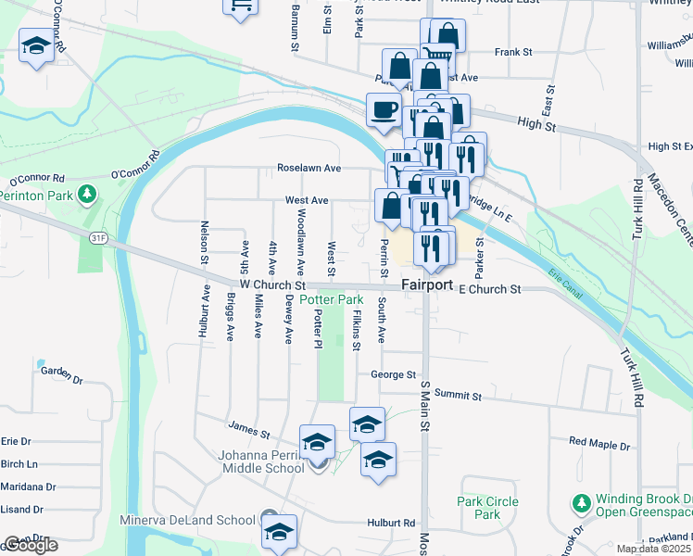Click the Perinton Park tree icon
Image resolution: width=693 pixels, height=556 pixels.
click(87, 195)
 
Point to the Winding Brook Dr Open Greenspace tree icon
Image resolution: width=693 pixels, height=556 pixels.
click(581, 504)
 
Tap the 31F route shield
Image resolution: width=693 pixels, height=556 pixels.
click(98, 238)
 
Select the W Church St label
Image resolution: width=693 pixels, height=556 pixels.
click(271, 286)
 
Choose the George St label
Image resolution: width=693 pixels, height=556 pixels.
click(392, 375)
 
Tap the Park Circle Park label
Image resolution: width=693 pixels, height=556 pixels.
click(488, 508)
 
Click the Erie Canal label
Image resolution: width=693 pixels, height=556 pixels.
click(580, 271)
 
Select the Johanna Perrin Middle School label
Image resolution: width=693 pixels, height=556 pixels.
click(260, 461)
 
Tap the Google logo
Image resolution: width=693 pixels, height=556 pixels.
click(31, 545)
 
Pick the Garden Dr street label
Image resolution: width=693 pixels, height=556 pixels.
click(62, 374)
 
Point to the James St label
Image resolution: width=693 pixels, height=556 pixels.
click(248, 430)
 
